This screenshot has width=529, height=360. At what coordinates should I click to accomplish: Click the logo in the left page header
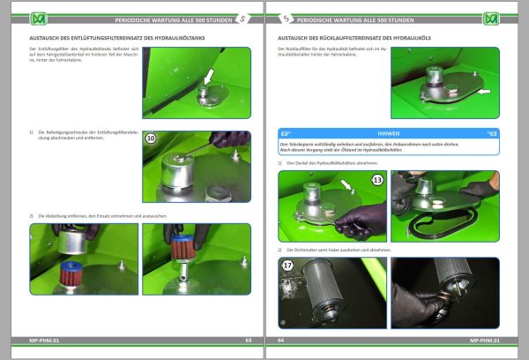37,19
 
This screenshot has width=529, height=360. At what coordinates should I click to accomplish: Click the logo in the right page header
490,19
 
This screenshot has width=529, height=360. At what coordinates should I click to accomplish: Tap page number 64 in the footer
281,339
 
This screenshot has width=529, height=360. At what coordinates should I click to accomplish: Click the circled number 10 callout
151,139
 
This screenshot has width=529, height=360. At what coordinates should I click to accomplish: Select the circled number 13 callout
377,180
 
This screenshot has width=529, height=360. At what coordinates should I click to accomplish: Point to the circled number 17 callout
287,266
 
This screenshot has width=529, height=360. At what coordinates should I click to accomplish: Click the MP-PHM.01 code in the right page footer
485,339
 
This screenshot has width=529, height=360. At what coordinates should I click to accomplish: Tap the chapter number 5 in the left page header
244,19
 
